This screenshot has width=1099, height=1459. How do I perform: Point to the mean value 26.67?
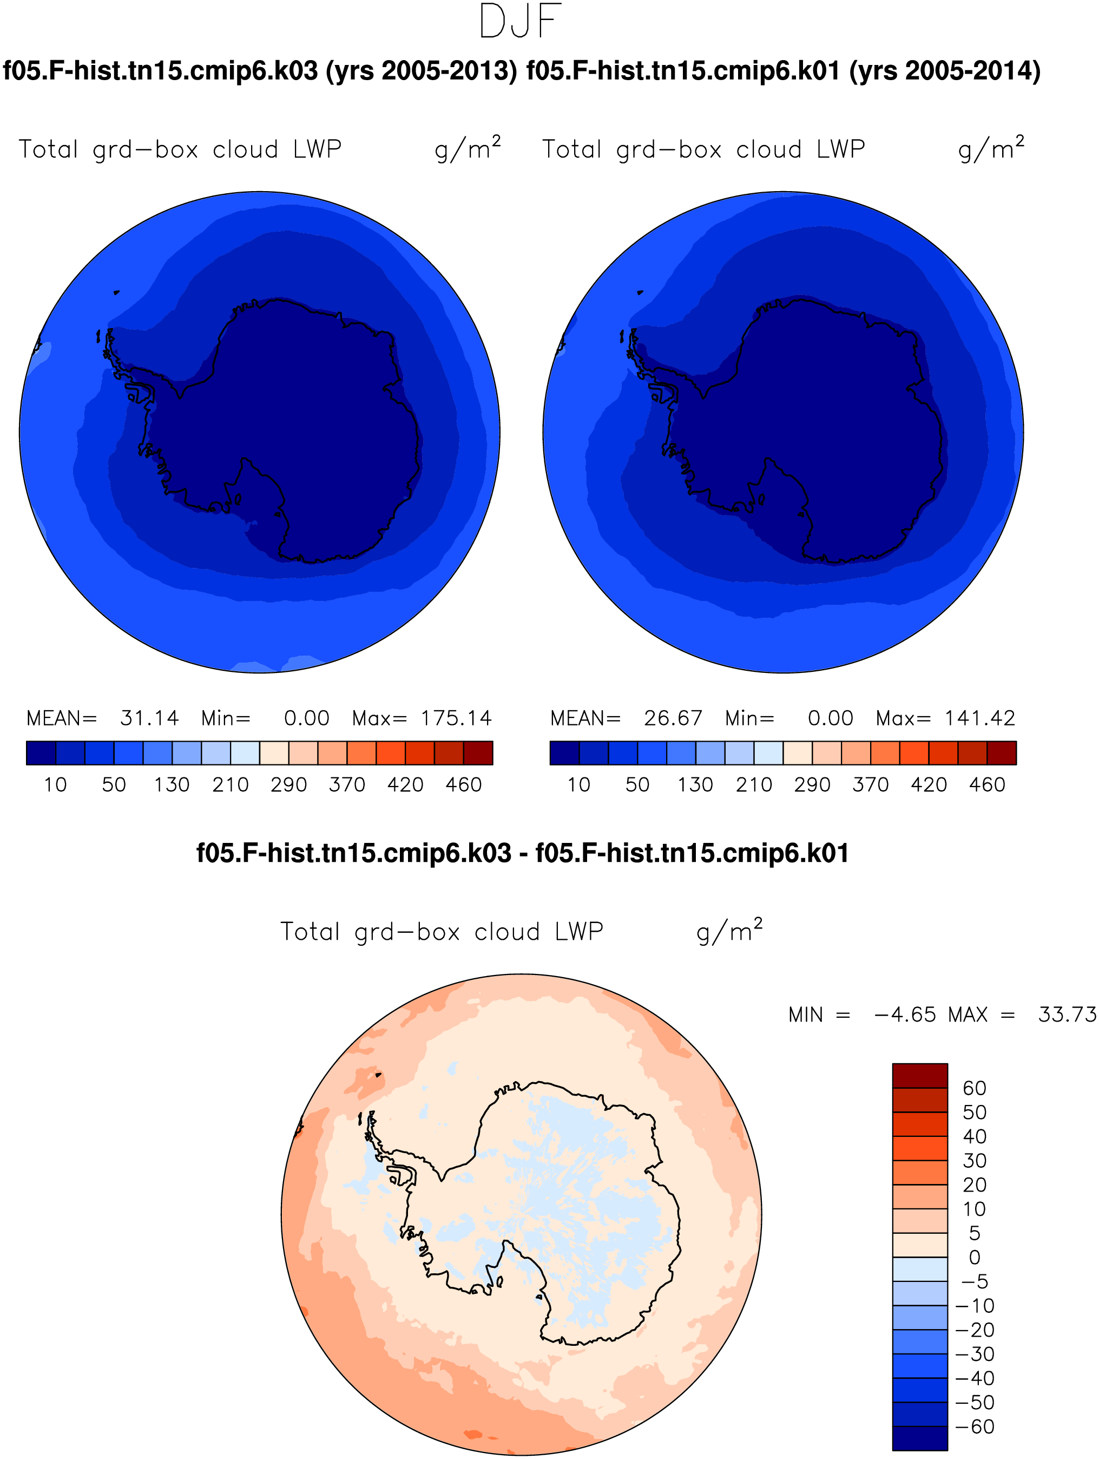tap(673, 718)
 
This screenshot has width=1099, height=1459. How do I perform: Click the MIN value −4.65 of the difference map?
tap(905, 1014)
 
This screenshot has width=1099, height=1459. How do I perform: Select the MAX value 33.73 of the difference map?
tap(1067, 1014)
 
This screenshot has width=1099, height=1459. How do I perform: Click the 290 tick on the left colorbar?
tap(289, 784)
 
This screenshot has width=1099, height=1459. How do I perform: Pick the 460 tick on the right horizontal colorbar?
tap(987, 784)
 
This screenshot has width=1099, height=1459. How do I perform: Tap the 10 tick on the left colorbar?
tap(55, 784)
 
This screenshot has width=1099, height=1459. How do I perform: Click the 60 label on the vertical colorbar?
tap(975, 1088)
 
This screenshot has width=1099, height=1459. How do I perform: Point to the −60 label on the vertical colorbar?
tap(975, 1427)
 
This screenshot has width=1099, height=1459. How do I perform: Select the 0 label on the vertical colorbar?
tap(975, 1257)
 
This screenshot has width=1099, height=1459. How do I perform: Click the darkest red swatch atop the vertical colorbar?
tap(920, 1075)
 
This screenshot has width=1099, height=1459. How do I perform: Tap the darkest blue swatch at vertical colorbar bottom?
tap(920, 1438)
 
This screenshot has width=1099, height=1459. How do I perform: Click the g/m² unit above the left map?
tap(468, 148)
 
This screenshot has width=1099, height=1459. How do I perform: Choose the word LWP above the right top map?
tap(840, 149)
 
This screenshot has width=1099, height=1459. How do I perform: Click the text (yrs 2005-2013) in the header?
tap(422, 70)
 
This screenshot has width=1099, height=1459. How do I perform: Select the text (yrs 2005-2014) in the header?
tap(945, 70)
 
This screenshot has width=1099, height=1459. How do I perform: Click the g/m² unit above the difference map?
tap(729, 931)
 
